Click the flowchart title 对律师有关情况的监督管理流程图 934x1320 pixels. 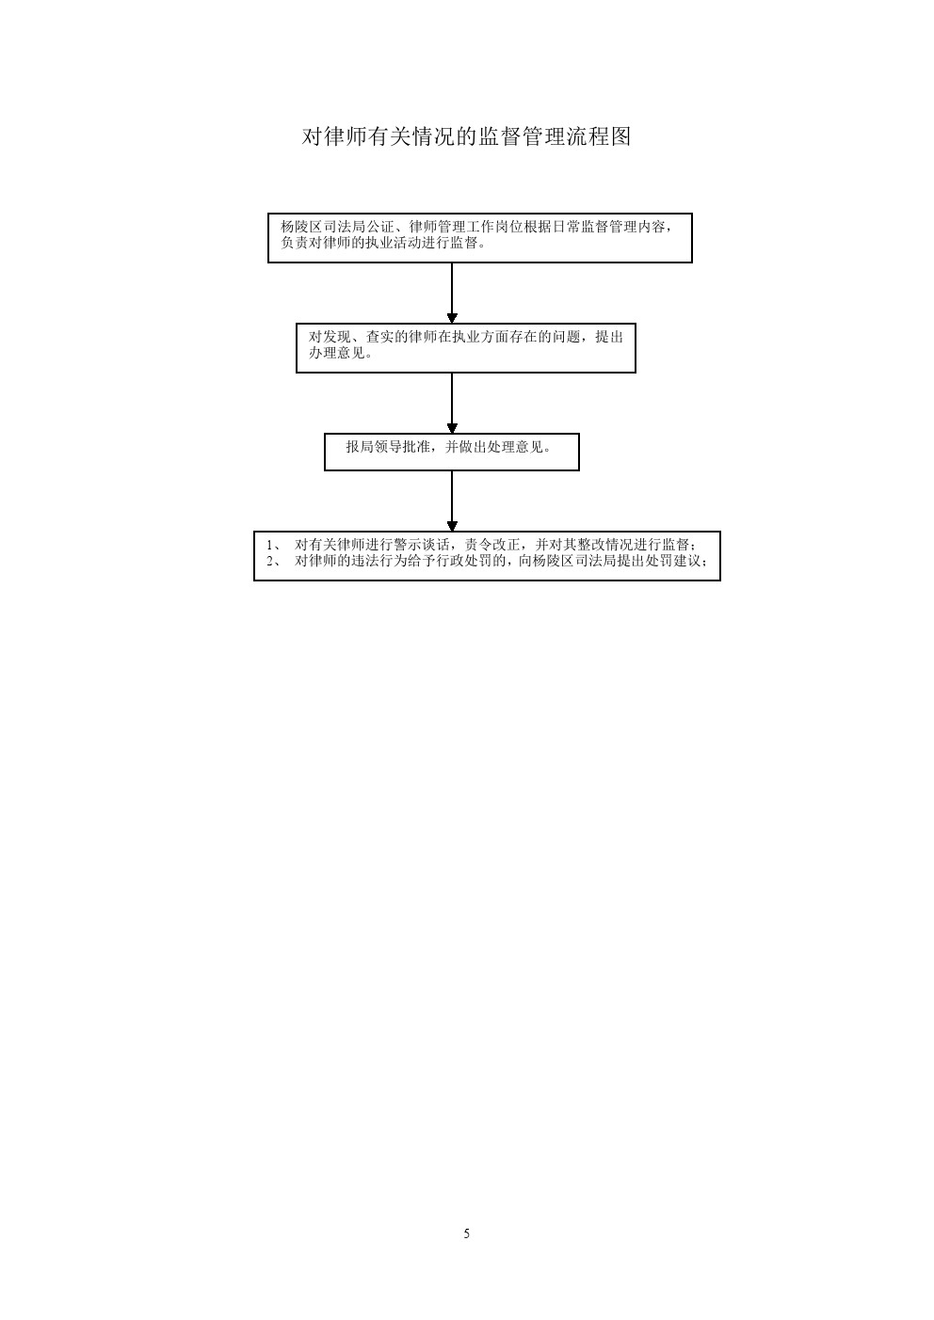pos(466,136)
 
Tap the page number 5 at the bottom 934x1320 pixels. pos(466,1233)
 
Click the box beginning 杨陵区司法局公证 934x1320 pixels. pos(480,238)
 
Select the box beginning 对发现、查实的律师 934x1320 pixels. pos(466,348)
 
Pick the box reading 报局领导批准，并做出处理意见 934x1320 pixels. pos(452,452)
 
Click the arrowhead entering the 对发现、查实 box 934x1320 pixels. pos(452,318)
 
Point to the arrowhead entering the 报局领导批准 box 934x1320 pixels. pos(452,428)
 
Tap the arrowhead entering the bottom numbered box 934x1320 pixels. pos(452,526)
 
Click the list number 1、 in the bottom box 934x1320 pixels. pos(274,545)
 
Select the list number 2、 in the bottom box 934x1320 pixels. pos(274,561)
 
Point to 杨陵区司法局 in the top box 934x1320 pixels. pos(323,227)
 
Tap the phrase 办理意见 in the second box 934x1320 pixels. pos(337,354)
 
